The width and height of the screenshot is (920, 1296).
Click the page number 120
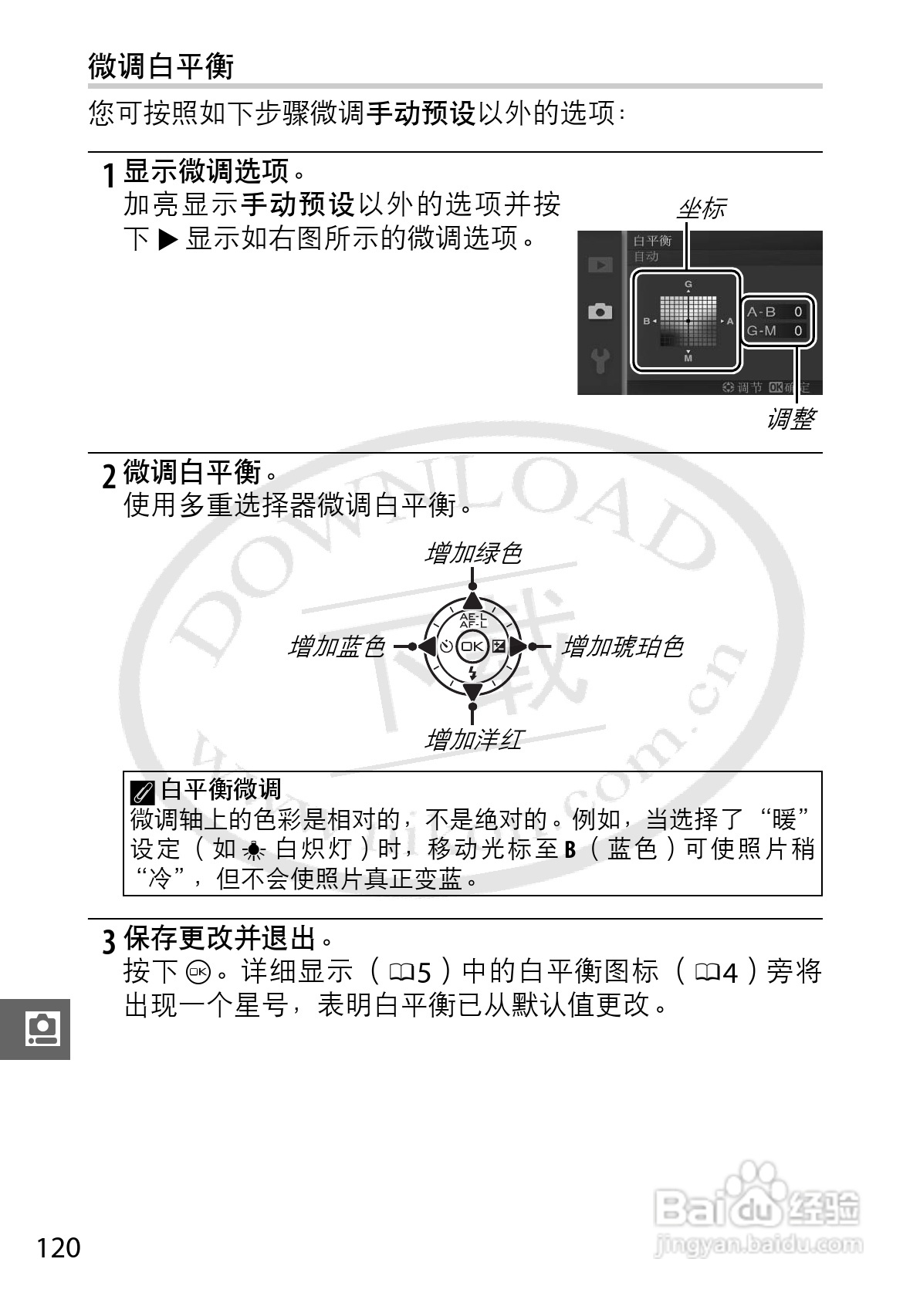click(x=58, y=1247)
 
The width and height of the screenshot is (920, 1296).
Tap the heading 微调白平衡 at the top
click(x=161, y=66)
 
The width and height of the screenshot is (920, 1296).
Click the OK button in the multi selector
click(x=472, y=646)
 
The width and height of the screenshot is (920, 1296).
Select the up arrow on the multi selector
click(x=472, y=603)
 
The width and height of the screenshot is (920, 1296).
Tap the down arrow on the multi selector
click(x=472, y=690)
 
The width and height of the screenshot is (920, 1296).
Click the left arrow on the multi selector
click(x=427, y=646)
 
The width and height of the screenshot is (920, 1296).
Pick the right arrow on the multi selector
click(x=517, y=646)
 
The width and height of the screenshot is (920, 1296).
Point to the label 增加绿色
click(x=473, y=553)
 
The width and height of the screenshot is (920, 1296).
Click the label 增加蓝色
click(x=336, y=646)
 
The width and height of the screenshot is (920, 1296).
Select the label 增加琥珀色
click(x=622, y=646)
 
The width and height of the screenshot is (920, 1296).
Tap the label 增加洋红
click(x=473, y=741)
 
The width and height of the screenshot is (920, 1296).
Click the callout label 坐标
click(x=701, y=208)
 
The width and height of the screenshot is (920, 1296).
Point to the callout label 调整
click(x=790, y=419)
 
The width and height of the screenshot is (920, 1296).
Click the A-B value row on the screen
click(x=776, y=312)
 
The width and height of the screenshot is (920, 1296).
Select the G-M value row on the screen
click(x=776, y=331)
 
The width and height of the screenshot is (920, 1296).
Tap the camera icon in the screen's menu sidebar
click(x=600, y=311)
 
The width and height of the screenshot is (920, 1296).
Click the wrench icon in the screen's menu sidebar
click(x=600, y=359)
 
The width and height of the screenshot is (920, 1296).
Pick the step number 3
click(x=110, y=940)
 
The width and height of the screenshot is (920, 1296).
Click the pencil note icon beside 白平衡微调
click(x=142, y=791)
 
